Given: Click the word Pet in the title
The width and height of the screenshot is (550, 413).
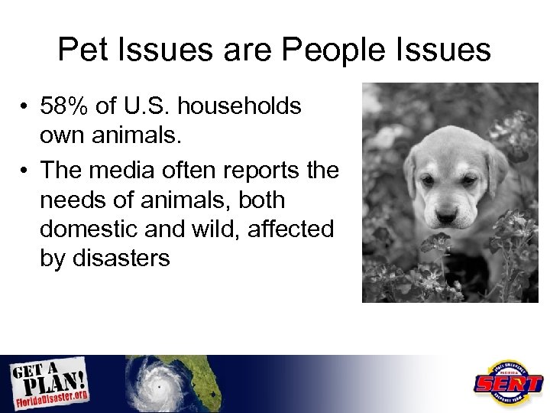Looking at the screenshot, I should [x=82, y=50].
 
